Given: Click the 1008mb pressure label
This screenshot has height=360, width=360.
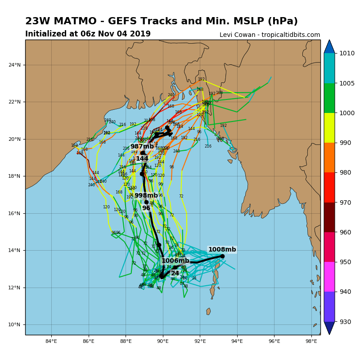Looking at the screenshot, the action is click(222, 250).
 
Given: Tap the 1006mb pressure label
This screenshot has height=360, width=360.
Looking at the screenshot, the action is click(175, 261).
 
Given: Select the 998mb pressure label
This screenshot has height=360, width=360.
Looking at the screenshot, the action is click(146, 196).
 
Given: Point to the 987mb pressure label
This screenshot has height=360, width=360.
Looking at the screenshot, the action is click(142, 147).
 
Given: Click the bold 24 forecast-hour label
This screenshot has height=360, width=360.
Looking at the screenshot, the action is click(175, 274).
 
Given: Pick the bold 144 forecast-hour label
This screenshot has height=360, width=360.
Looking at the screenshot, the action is click(142, 159).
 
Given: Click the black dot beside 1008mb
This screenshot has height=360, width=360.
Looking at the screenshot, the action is click(222, 256).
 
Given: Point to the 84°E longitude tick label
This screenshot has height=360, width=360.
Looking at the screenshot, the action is click(51, 341).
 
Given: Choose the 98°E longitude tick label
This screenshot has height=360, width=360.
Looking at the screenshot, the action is click(311, 341).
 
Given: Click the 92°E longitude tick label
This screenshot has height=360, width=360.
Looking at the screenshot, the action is click(200, 341).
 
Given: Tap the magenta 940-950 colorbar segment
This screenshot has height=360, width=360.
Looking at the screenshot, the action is click(329, 277).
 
